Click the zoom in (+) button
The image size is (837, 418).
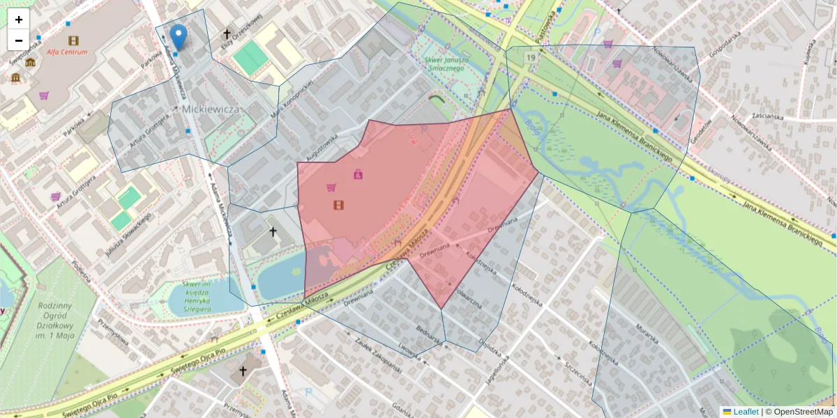click(19, 20)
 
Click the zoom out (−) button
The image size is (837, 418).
click(19, 40)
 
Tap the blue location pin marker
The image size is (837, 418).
click(179, 36)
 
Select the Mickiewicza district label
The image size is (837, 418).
click(211, 109)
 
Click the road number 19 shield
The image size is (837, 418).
click(531, 57)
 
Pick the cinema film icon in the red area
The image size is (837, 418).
click(338, 205)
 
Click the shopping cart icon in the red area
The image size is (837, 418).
click(331, 187)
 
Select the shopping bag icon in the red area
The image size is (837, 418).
click(358, 174)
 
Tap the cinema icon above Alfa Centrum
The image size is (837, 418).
click(74, 40)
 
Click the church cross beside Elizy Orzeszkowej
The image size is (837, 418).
click(227, 33)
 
